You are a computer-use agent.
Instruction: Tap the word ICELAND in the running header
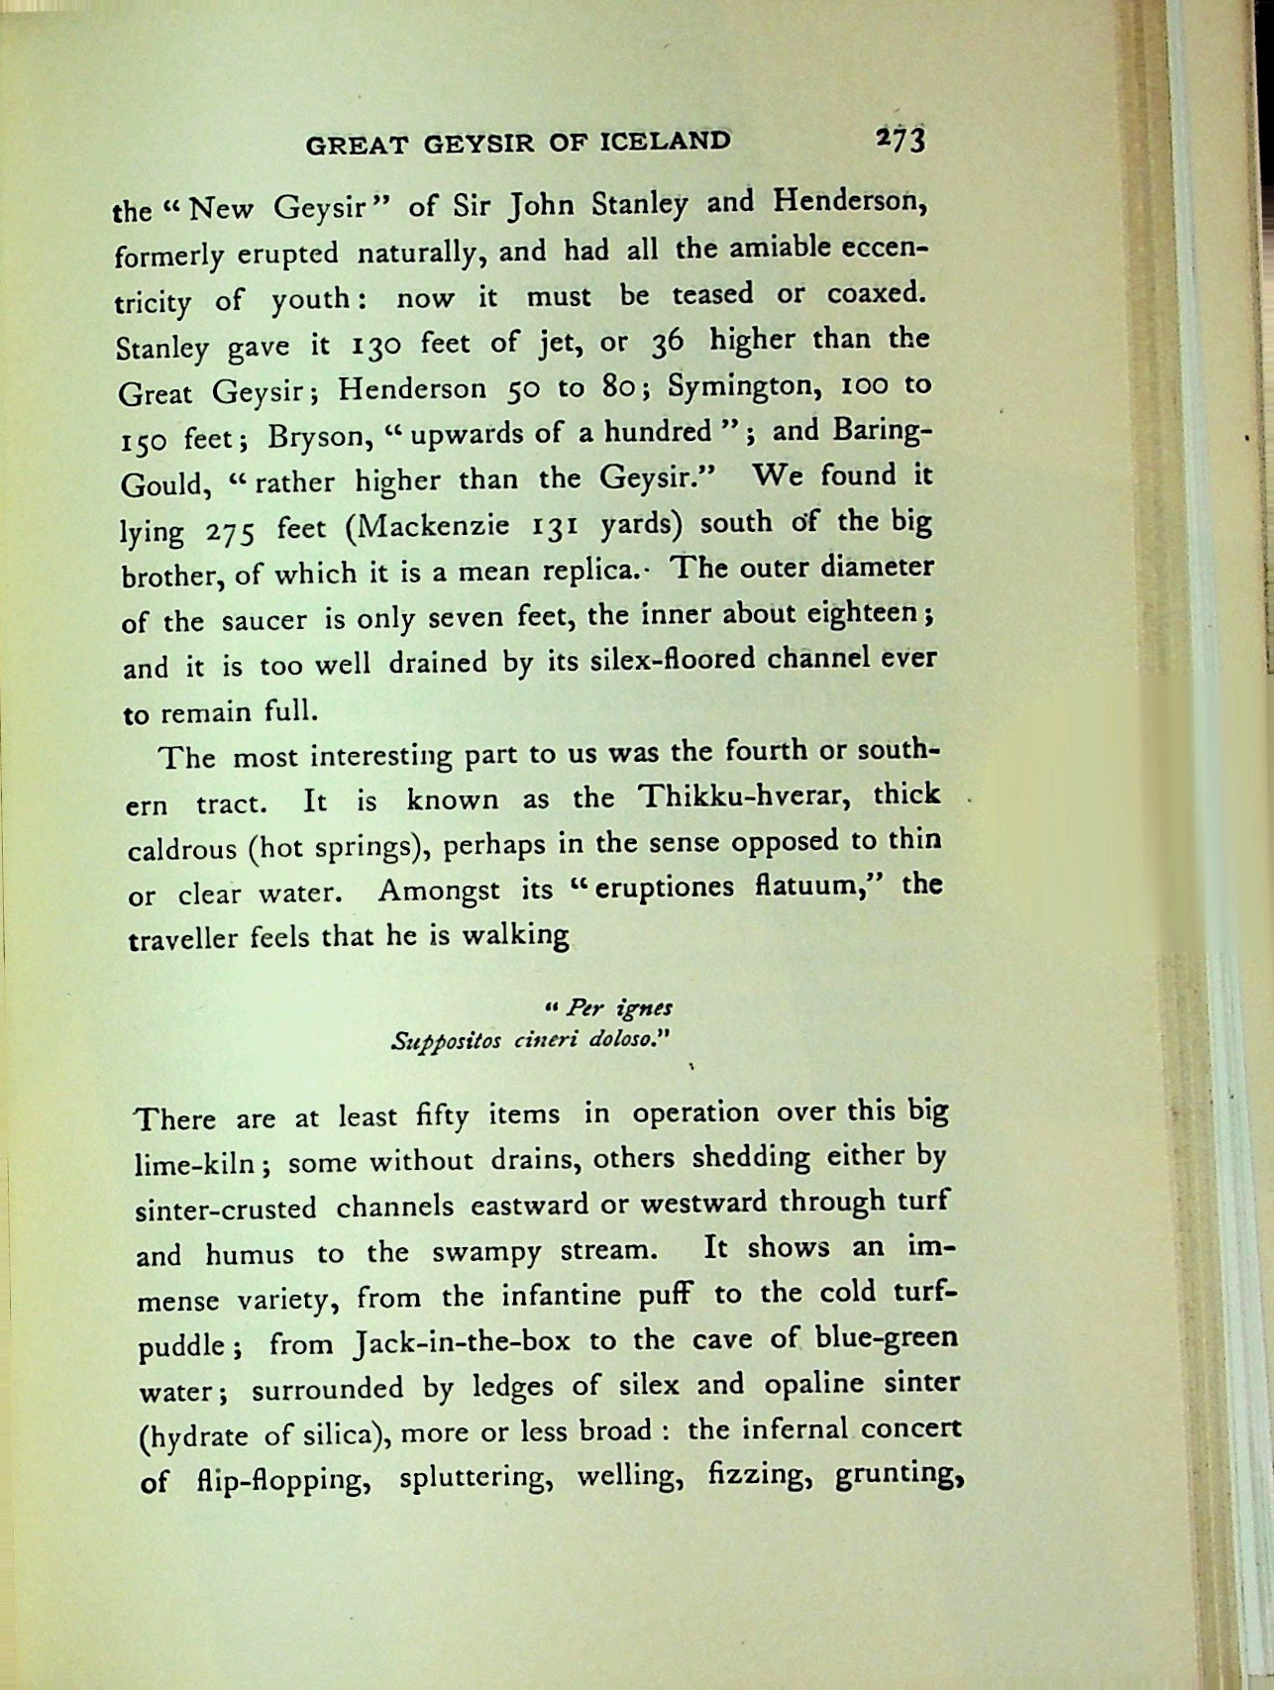pyautogui.click(x=665, y=142)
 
